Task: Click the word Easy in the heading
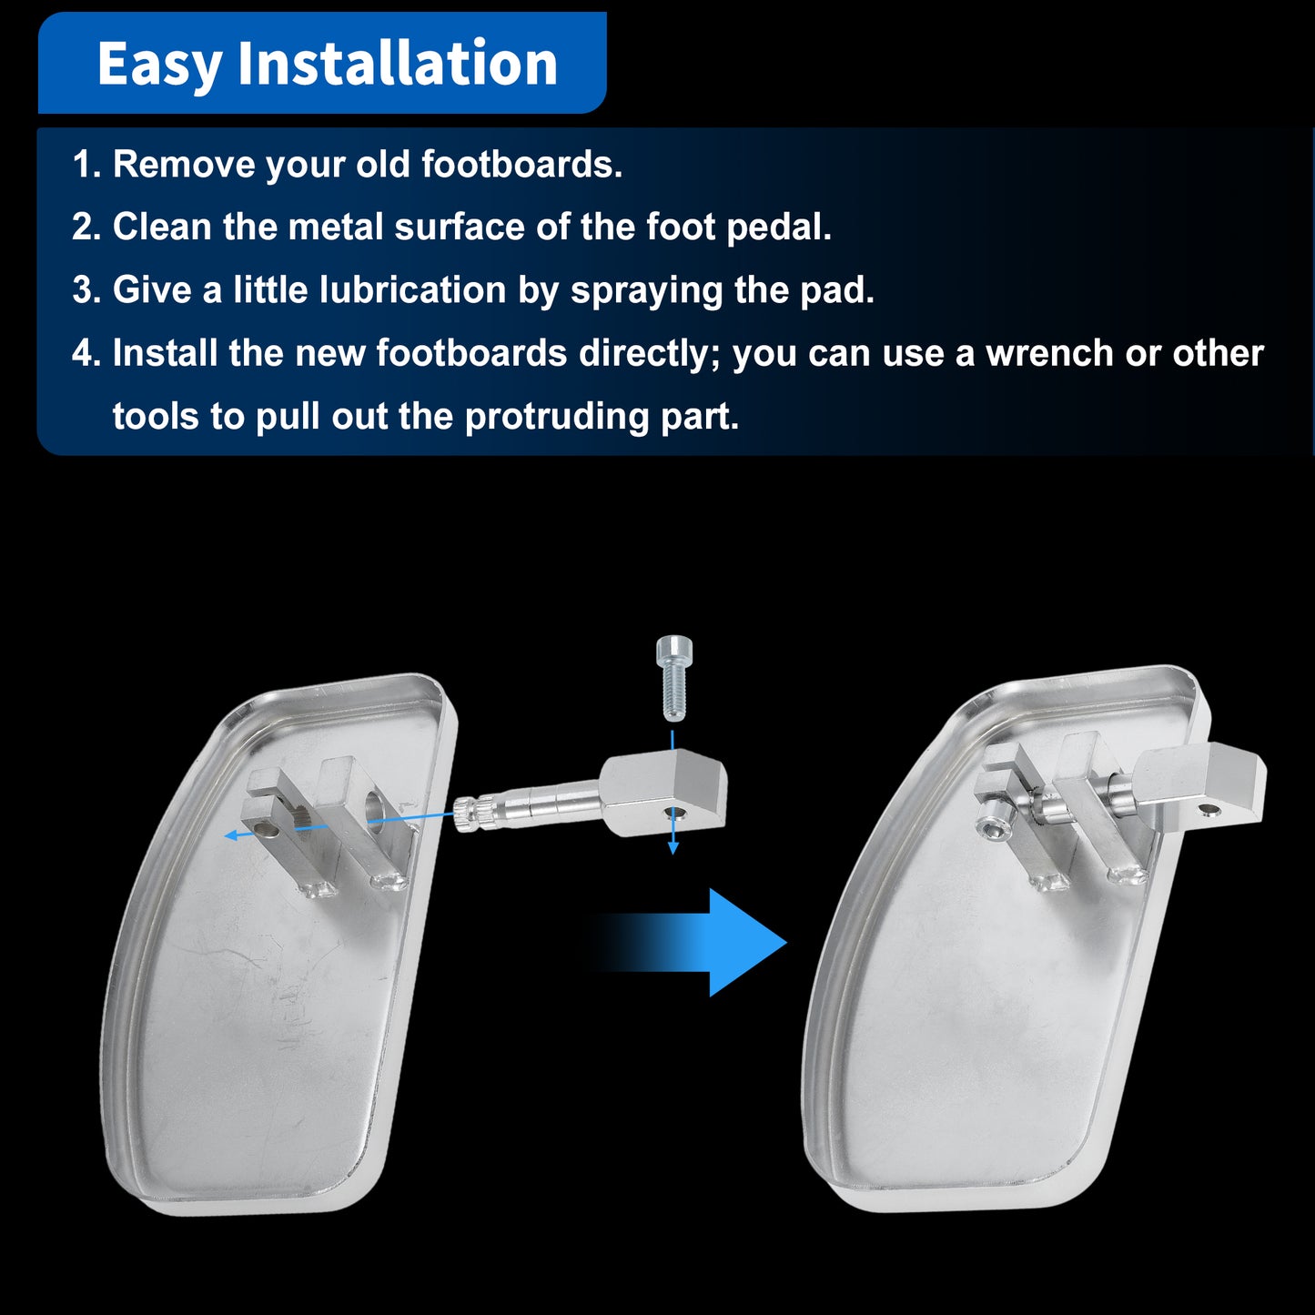(x=159, y=65)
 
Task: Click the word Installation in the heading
(x=398, y=63)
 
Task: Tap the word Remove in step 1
(x=184, y=165)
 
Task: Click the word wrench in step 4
(x=1050, y=353)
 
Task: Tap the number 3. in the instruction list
(x=87, y=289)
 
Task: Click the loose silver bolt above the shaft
(x=673, y=678)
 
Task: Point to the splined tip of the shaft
(x=470, y=813)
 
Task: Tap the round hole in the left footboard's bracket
(x=374, y=803)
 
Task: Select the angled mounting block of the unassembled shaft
(x=663, y=792)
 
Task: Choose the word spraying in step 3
(x=646, y=290)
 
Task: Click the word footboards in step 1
(x=521, y=165)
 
